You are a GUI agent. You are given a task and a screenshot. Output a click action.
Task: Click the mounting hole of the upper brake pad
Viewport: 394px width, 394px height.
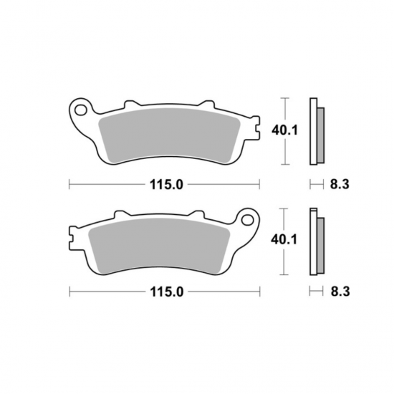pos(81,110)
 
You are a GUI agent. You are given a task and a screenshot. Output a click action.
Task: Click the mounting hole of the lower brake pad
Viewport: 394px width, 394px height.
pos(248,220)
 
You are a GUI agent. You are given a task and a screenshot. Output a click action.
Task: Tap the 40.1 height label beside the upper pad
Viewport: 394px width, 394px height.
pos(284,130)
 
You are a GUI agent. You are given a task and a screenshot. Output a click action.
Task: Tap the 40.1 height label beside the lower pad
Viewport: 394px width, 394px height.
pos(284,239)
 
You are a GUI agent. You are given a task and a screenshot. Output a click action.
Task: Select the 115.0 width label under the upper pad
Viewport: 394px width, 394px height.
pos(167,185)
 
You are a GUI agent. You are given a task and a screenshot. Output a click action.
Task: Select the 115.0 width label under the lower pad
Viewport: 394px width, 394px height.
pos(167,292)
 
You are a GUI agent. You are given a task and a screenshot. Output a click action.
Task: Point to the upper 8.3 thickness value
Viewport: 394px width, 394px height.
pos(340,184)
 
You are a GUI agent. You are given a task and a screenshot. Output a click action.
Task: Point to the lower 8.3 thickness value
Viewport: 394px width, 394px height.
pos(340,292)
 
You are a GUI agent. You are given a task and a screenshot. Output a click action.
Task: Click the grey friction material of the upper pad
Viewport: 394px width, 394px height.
pos(169,135)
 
